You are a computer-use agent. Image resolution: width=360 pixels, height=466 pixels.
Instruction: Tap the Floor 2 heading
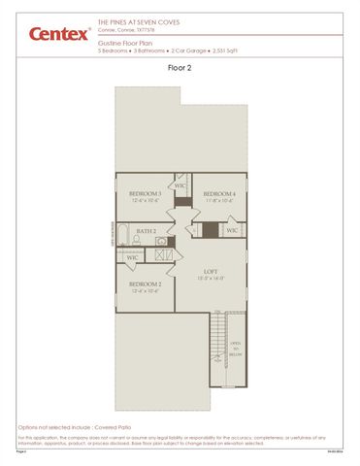(180, 68)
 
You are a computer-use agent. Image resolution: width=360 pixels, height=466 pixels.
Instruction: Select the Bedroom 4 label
(219, 194)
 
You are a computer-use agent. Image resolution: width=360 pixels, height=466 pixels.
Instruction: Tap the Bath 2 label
(147, 231)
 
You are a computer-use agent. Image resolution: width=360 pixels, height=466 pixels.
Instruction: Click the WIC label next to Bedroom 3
(180, 185)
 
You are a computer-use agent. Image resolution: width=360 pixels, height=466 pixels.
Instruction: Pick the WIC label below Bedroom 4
(232, 231)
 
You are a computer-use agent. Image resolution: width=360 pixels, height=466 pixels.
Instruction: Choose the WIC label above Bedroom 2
(131, 258)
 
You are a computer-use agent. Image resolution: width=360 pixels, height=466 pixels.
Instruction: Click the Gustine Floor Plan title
(126, 42)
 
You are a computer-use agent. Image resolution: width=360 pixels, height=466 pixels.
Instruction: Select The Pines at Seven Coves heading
(133, 20)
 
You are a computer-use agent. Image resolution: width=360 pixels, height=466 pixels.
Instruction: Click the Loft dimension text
(211, 278)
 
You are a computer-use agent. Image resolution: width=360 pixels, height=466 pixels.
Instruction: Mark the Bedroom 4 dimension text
(219, 201)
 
